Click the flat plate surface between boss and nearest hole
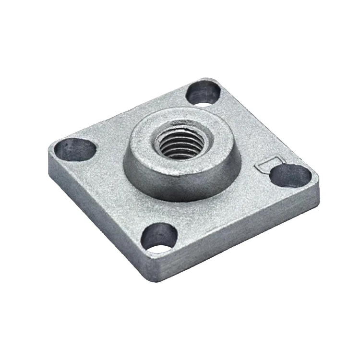tap(163, 211)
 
